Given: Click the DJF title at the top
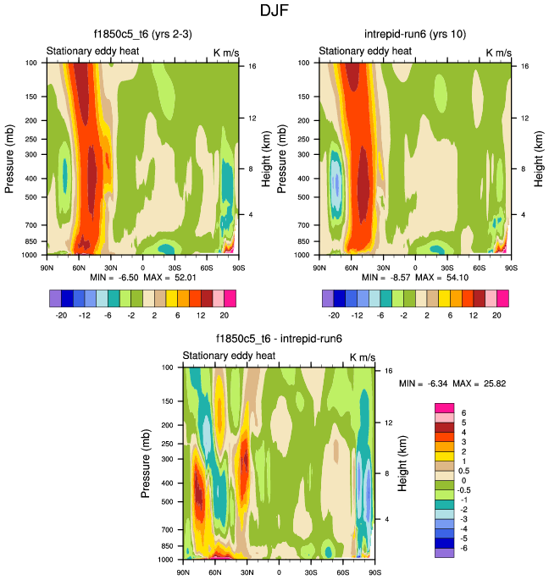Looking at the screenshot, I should coord(274,12).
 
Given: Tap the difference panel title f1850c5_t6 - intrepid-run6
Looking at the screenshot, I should coord(279,339).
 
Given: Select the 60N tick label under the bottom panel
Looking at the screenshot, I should coord(214,571).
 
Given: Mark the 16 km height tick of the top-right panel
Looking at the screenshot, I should coord(525,65).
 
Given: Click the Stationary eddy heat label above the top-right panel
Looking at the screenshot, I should coord(364,52).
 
